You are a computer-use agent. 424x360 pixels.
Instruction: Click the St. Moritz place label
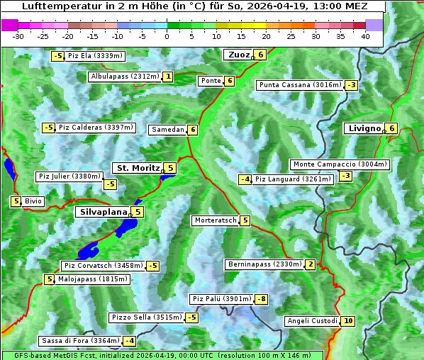click(138, 168)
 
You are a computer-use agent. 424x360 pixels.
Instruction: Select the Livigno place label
click(364, 128)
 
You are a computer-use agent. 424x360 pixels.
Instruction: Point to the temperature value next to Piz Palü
click(261, 299)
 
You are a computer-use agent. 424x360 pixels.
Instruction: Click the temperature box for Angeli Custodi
click(347, 321)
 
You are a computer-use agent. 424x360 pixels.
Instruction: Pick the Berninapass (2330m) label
click(264, 264)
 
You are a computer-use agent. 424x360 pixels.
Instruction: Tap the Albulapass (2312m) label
click(125, 77)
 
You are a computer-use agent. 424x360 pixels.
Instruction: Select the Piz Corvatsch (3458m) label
click(103, 266)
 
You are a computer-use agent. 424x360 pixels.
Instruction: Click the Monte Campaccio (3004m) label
click(340, 164)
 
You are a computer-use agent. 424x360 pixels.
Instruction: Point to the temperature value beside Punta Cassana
click(351, 85)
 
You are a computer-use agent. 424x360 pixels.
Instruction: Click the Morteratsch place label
click(215, 220)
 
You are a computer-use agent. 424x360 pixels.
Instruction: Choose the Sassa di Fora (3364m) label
click(79, 341)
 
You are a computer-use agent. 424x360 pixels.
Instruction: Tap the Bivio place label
click(33, 201)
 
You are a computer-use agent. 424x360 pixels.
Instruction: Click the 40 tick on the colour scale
click(365, 36)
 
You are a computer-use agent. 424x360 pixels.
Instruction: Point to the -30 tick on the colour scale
click(19, 36)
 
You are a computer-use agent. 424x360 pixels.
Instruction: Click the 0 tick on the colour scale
click(167, 36)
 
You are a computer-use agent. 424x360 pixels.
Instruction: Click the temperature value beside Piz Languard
click(245, 179)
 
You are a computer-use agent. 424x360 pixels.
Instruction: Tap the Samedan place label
click(167, 130)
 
